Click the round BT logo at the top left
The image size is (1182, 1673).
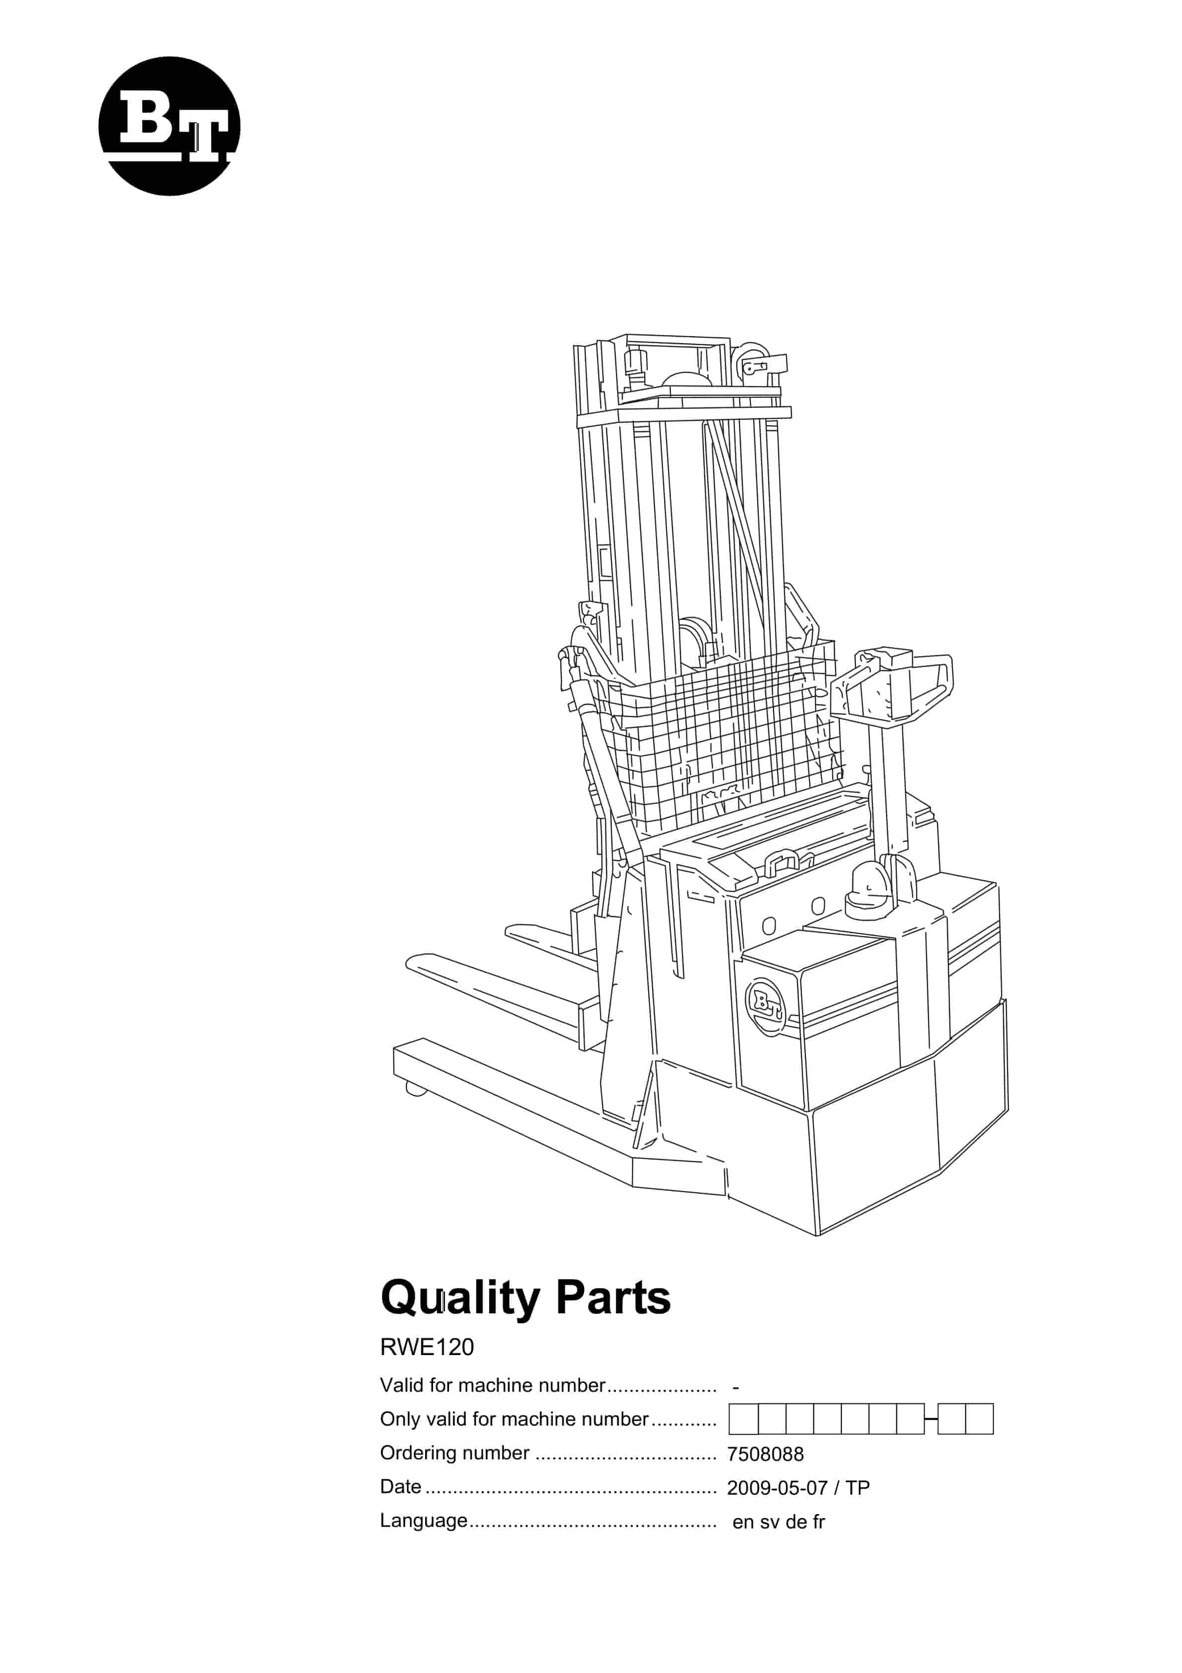tap(169, 126)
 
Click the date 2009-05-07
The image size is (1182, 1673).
tap(777, 1487)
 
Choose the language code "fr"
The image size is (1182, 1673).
tap(818, 1521)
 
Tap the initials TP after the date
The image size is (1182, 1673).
tap(858, 1487)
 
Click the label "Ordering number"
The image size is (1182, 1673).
tap(455, 1453)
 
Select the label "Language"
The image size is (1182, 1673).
tap(424, 1521)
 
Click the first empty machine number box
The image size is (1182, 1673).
tap(743, 1419)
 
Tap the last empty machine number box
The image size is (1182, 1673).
tap(979, 1419)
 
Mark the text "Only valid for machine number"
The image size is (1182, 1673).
tap(514, 1419)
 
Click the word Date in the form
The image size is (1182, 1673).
tap(400, 1486)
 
